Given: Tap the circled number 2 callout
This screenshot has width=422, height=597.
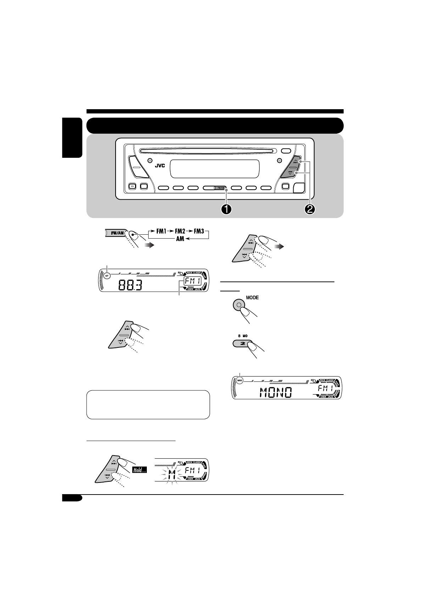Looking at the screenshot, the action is click(310, 209).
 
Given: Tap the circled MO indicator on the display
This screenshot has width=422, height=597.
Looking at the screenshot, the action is click(240, 380).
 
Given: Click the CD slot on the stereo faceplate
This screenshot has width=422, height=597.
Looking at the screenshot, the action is click(206, 151).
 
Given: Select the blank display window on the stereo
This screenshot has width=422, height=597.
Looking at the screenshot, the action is click(215, 169).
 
